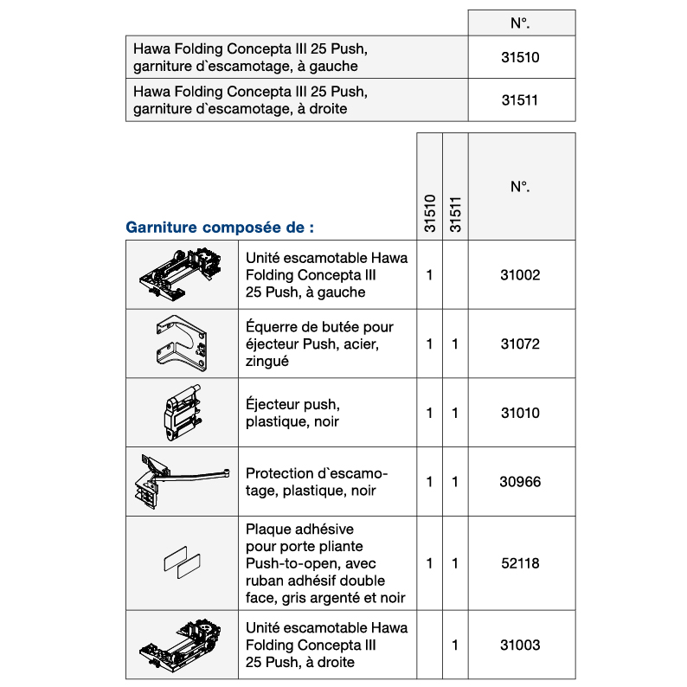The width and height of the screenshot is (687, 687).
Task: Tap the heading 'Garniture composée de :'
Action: [x=220, y=228]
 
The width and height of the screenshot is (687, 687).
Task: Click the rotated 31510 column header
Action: [x=429, y=214]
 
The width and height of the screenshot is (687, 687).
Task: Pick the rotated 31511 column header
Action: [x=455, y=214]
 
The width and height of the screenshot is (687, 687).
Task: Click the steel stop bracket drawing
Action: [x=182, y=343]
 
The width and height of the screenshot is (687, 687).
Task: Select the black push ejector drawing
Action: [x=182, y=413]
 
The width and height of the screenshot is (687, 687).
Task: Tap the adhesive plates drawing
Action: [x=182, y=563]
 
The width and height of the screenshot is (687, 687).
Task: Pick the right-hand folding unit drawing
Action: [x=182, y=645]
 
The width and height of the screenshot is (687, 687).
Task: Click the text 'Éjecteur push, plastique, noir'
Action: [x=292, y=413]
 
